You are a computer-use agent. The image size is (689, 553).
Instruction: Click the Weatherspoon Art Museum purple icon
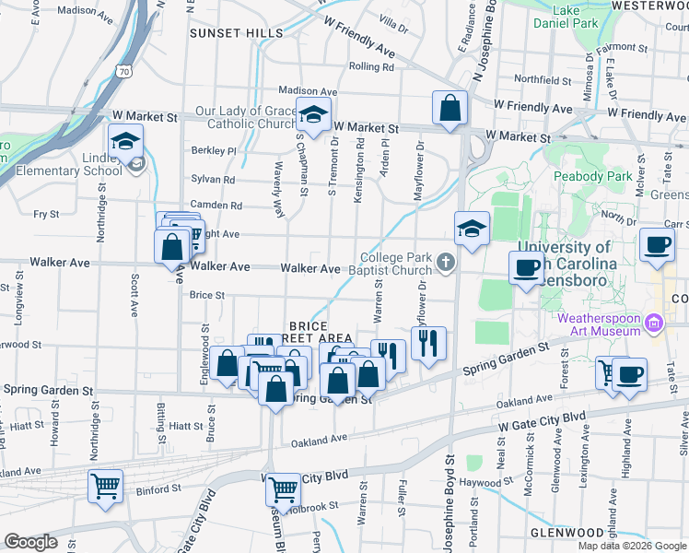[x=655, y=323]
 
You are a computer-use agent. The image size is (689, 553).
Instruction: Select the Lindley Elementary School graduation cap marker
[x=125, y=143]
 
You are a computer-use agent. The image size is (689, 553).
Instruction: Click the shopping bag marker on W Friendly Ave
[x=449, y=108]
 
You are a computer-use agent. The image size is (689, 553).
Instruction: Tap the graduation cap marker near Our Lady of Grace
[x=314, y=117]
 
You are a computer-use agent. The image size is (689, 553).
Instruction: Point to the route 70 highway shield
[x=123, y=70]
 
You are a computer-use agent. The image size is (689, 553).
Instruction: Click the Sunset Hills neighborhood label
[x=237, y=33]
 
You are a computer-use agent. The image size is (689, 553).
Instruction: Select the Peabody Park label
[x=593, y=175]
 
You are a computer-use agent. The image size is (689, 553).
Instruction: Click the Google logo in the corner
[x=29, y=541]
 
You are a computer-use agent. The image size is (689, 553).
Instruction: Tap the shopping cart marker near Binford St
[x=105, y=485]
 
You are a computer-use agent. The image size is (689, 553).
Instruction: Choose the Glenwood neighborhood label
[x=566, y=533]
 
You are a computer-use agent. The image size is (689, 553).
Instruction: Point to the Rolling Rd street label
[x=372, y=66]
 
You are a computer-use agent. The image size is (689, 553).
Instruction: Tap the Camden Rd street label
[x=216, y=206]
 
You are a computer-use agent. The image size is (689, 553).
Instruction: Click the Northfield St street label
[x=543, y=79]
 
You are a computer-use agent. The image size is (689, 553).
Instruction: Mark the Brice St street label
[x=207, y=295]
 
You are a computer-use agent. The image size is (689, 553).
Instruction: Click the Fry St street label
[x=46, y=214]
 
